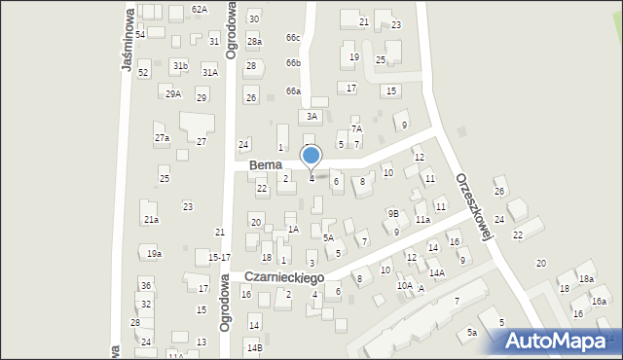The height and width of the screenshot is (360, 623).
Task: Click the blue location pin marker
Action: point(311,156)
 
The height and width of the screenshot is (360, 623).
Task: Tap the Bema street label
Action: point(265,165)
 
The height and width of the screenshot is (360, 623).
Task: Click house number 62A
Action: point(200,9)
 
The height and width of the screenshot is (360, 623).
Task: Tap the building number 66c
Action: point(293,38)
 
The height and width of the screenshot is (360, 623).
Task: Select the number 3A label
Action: point(311,116)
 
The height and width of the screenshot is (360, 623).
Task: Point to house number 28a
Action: point(254,42)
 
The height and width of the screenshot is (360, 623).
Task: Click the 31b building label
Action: point(180,65)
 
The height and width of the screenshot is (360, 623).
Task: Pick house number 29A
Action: point(173,93)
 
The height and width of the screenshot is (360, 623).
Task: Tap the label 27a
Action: point(162,138)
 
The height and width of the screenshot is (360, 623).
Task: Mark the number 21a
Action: point(151,220)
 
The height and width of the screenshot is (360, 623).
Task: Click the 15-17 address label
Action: point(219,258)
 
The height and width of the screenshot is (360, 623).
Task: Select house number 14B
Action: point(254,347)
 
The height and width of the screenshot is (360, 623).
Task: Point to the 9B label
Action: point(393,213)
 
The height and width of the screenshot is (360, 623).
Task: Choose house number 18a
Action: point(586,279)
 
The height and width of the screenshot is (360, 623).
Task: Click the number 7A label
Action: point(356,128)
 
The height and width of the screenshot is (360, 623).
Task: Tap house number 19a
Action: point(154,254)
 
